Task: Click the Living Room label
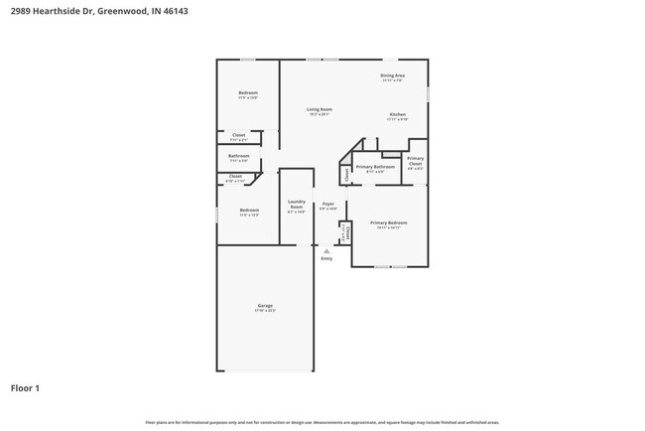tap(319, 109)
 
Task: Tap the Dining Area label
tap(393, 75)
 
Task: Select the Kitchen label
tap(397, 115)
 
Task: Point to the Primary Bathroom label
tap(375, 167)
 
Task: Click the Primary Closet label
tap(416, 162)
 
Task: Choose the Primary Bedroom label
tap(389, 222)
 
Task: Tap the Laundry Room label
tap(296, 205)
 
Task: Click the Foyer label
tap(327, 204)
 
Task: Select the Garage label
tap(265, 305)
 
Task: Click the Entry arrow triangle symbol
tap(326, 251)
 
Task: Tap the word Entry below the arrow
tap(326, 259)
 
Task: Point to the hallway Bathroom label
tap(239, 155)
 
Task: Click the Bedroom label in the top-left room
tap(248, 92)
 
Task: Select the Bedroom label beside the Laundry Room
tap(249, 210)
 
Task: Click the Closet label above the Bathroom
tap(239, 134)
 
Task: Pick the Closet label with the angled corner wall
tap(235, 176)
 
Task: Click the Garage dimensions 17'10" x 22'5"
tap(265, 311)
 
